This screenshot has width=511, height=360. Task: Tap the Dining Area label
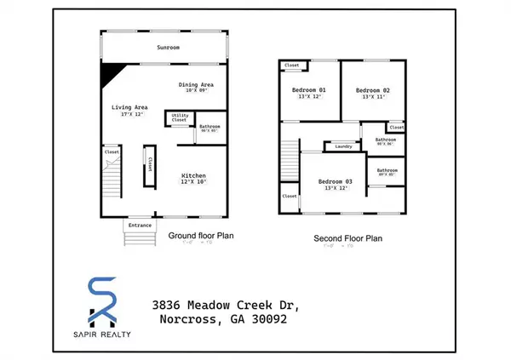tap(195, 85)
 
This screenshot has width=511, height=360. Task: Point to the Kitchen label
tap(193, 174)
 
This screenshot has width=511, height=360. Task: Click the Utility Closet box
tap(180, 118)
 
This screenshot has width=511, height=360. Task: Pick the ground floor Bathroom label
tap(210, 129)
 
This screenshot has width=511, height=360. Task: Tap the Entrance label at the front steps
tap(141, 226)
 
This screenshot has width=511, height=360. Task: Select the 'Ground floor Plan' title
tap(200, 235)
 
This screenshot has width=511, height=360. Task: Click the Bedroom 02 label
tap(372, 90)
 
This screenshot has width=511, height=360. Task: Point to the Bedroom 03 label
tap(335, 181)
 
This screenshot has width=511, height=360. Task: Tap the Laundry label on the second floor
tap(343, 146)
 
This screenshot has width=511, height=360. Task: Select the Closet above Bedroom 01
tap(292, 65)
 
